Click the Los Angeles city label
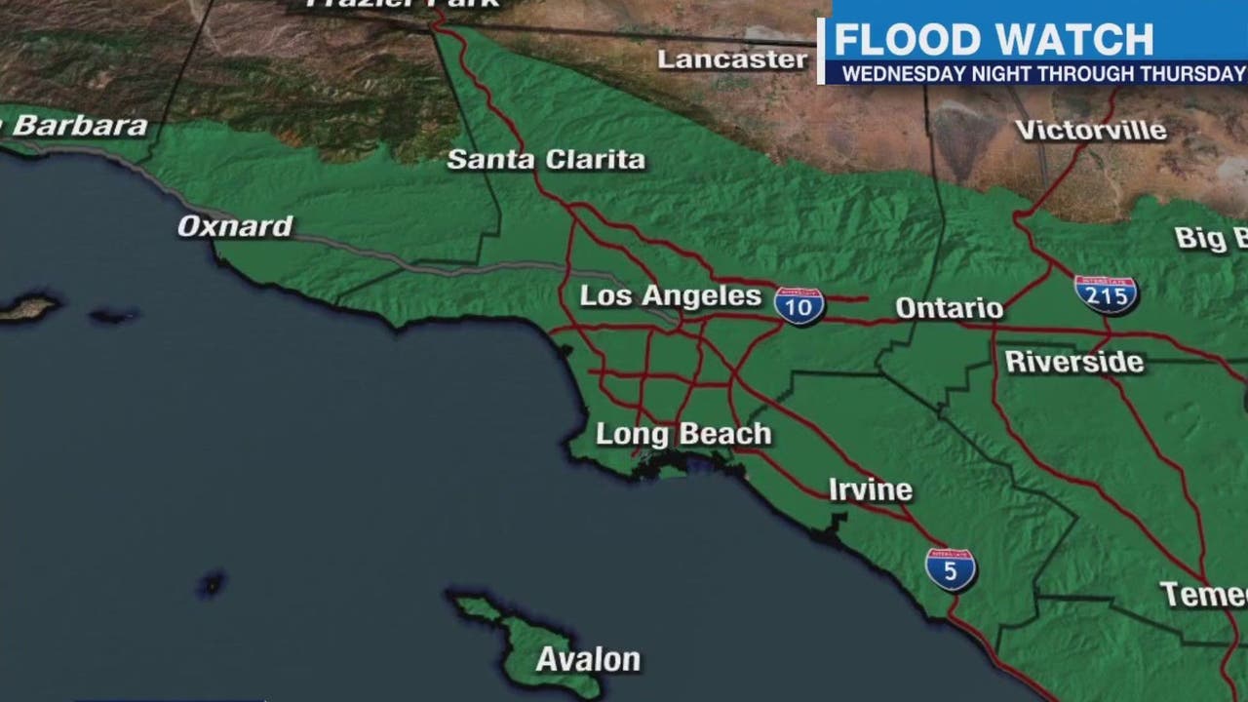tap(670, 296)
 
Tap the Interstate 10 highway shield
tap(799, 306)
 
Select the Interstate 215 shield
tap(1106, 293)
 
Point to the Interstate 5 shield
tap(951, 568)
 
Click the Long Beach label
tap(683, 434)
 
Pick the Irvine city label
tap(870, 489)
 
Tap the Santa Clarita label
tap(546, 160)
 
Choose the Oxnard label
tap(235, 227)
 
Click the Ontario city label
tap(949, 308)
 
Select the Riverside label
tap(1073, 362)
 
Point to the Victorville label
tap(1090, 131)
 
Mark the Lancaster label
tap(732, 59)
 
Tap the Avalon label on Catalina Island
tap(588, 660)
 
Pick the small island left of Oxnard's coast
tap(28, 309)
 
